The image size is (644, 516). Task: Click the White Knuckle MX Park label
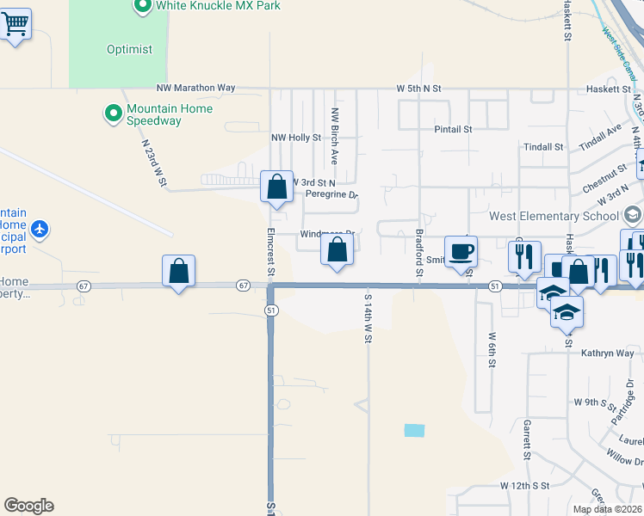point(218,6)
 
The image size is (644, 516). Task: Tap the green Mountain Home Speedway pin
point(112,114)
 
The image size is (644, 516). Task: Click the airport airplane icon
point(40,230)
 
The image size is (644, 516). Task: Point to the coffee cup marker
point(461,251)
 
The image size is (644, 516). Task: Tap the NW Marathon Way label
point(195,88)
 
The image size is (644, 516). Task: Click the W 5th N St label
point(418,89)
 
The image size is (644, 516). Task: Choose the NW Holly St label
point(295,138)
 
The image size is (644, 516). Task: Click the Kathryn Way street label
point(607,353)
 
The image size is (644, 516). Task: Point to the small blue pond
point(414,430)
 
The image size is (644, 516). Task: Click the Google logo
point(28,506)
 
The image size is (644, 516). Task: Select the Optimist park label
point(129,49)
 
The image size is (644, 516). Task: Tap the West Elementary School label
point(554,216)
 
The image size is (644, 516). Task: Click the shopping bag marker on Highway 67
point(178,271)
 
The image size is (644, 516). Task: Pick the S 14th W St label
point(368,318)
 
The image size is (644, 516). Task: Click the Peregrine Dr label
point(331,194)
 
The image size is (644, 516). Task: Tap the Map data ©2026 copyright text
point(607,509)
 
